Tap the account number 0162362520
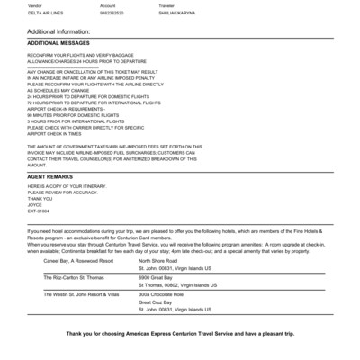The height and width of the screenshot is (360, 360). coord(114,13)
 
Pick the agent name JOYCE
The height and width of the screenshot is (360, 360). coord(36,202)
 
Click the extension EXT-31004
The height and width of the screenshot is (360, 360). coord(41,209)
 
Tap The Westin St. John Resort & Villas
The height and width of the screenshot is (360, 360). coord(87,294)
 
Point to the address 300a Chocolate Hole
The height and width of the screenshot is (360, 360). coord(162,294)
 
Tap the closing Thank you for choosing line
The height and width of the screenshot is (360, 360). coord(180,334)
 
